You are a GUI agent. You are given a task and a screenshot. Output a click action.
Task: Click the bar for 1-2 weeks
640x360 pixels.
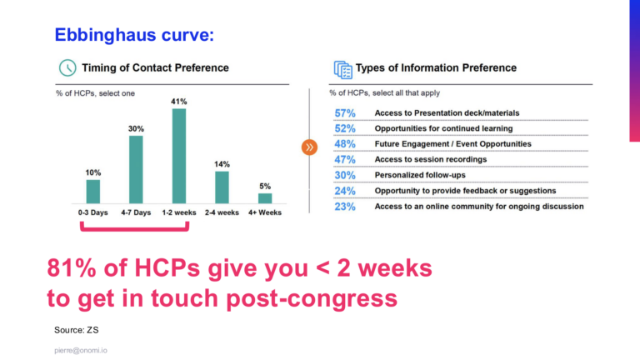pyautogui.click(x=179, y=156)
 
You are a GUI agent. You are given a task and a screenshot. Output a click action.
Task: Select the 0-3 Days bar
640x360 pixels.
pyautogui.click(x=93, y=192)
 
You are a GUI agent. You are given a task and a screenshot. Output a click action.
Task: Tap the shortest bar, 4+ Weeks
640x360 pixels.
pyautogui.click(x=265, y=198)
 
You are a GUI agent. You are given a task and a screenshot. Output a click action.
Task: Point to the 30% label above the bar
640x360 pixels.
pyautogui.click(x=136, y=129)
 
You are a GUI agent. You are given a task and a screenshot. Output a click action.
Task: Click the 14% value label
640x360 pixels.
pyautogui.click(x=222, y=164)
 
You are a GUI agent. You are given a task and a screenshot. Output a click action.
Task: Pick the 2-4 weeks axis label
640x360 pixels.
pyautogui.click(x=222, y=212)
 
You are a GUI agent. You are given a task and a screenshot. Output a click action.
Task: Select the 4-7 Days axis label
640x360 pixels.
pyautogui.click(x=136, y=212)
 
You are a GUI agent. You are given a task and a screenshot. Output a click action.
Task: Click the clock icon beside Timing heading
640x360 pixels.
pyautogui.click(x=67, y=67)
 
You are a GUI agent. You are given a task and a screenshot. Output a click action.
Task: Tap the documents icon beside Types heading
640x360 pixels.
pyautogui.click(x=342, y=69)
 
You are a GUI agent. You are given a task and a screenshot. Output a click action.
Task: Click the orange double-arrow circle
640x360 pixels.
pyautogui.click(x=309, y=147)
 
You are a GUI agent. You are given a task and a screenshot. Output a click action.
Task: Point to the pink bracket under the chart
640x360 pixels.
pyautogui.click(x=135, y=229)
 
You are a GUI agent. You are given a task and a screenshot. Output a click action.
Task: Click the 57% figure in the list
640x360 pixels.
pyautogui.click(x=345, y=113)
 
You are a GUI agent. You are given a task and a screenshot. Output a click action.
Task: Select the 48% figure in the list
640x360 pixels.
pyautogui.click(x=345, y=144)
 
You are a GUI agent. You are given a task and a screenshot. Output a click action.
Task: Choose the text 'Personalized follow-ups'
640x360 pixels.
pyautogui.click(x=420, y=175)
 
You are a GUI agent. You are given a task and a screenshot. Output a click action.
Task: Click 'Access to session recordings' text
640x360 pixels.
pyautogui.click(x=431, y=160)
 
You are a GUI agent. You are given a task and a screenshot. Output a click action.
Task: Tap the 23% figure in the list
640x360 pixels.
pyautogui.click(x=345, y=207)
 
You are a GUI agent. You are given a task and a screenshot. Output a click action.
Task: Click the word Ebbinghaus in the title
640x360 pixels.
pyautogui.click(x=105, y=35)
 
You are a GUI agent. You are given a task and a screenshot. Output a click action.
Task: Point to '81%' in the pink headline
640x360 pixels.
pyautogui.click(x=72, y=268)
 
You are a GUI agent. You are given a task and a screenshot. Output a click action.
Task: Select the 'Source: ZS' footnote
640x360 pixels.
pyautogui.click(x=77, y=330)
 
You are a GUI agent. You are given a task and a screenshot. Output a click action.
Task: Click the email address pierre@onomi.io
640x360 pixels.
pyautogui.click(x=81, y=351)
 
